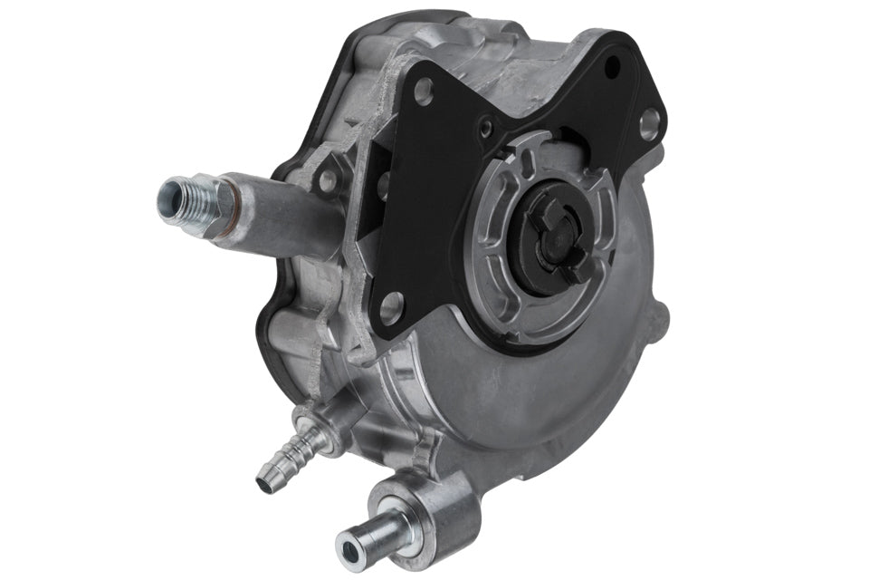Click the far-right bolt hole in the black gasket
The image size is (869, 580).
coord(649,125)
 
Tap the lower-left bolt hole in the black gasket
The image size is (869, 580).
coord(392,308)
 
